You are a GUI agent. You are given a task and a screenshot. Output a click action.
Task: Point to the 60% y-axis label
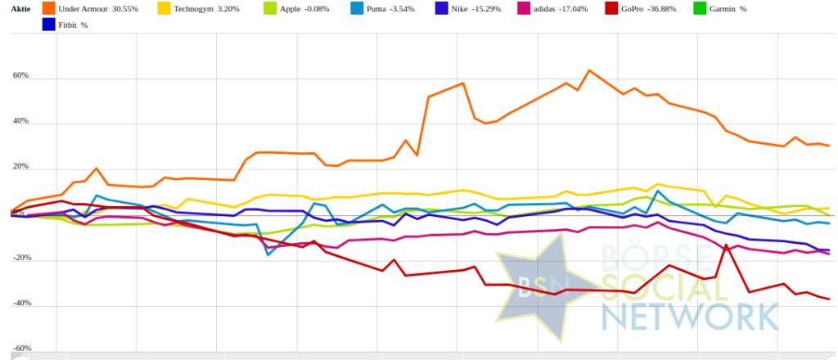[20, 76]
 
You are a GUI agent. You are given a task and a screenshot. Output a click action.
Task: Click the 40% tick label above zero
[20, 121]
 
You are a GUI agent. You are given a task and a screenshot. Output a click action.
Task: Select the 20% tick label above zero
[20, 167]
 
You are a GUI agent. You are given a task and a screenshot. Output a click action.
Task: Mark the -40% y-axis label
[20, 303]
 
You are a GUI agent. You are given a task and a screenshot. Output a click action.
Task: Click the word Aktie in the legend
[20, 8]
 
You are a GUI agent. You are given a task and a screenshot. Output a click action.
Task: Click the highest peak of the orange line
[589, 70]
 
